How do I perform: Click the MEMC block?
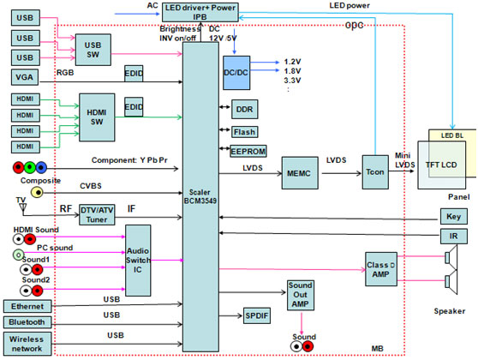click(300, 173)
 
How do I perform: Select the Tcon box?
click(375, 172)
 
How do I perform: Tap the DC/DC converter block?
click(236, 73)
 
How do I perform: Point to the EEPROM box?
click(248, 151)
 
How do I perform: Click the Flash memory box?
click(244, 132)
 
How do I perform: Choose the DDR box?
click(244, 109)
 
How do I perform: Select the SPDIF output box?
click(257, 315)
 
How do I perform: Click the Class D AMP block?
click(381, 269)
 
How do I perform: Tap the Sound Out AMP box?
click(301, 295)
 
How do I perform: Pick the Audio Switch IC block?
click(138, 261)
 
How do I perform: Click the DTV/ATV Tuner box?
click(97, 215)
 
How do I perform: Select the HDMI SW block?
click(97, 117)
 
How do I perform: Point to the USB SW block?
click(93, 50)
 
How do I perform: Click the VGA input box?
click(25, 77)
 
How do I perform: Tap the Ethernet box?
click(27, 306)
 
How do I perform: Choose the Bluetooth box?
click(27, 322)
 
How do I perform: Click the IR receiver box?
click(454, 236)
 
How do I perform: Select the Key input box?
click(454, 216)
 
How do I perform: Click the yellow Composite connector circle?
click(37, 193)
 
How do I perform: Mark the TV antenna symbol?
click(22, 208)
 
